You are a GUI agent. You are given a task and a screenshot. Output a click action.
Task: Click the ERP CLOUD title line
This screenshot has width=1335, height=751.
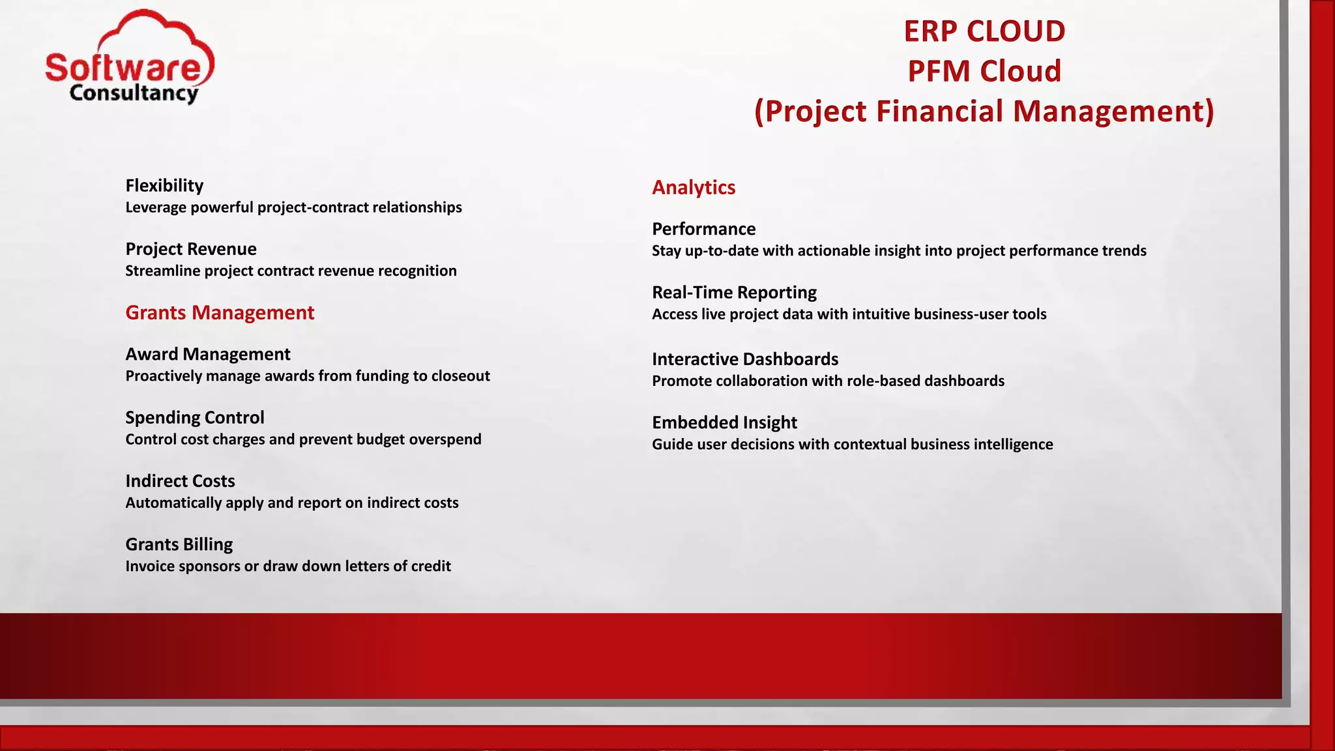click(984, 31)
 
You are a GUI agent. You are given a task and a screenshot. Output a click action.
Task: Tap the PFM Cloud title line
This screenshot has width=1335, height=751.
click(984, 71)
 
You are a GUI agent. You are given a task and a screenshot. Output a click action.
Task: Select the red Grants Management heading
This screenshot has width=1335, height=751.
click(220, 313)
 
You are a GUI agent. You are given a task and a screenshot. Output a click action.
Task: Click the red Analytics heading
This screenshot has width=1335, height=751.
click(693, 188)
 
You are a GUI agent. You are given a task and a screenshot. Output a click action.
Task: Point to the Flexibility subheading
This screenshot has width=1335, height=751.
click(164, 186)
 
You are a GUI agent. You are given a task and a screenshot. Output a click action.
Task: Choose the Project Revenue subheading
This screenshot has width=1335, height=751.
click(190, 249)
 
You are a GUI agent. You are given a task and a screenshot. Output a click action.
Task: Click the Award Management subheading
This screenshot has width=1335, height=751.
click(207, 354)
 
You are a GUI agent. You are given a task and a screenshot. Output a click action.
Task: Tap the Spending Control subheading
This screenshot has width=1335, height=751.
click(194, 417)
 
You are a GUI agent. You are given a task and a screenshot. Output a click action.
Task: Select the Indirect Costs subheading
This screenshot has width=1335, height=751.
click(180, 481)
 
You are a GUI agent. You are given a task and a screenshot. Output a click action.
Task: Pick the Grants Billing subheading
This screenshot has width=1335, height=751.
click(179, 544)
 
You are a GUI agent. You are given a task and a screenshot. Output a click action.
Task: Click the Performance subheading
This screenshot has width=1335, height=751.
click(703, 229)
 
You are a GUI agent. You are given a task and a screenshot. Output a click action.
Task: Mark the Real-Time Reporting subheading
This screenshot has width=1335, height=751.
click(734, 293)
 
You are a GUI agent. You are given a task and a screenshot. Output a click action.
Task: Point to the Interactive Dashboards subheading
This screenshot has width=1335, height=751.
click(744, 359)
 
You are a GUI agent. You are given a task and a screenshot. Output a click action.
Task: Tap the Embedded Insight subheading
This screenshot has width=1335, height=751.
click(724, 422)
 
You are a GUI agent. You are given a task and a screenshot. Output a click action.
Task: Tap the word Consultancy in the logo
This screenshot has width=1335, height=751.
click(134, 93)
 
